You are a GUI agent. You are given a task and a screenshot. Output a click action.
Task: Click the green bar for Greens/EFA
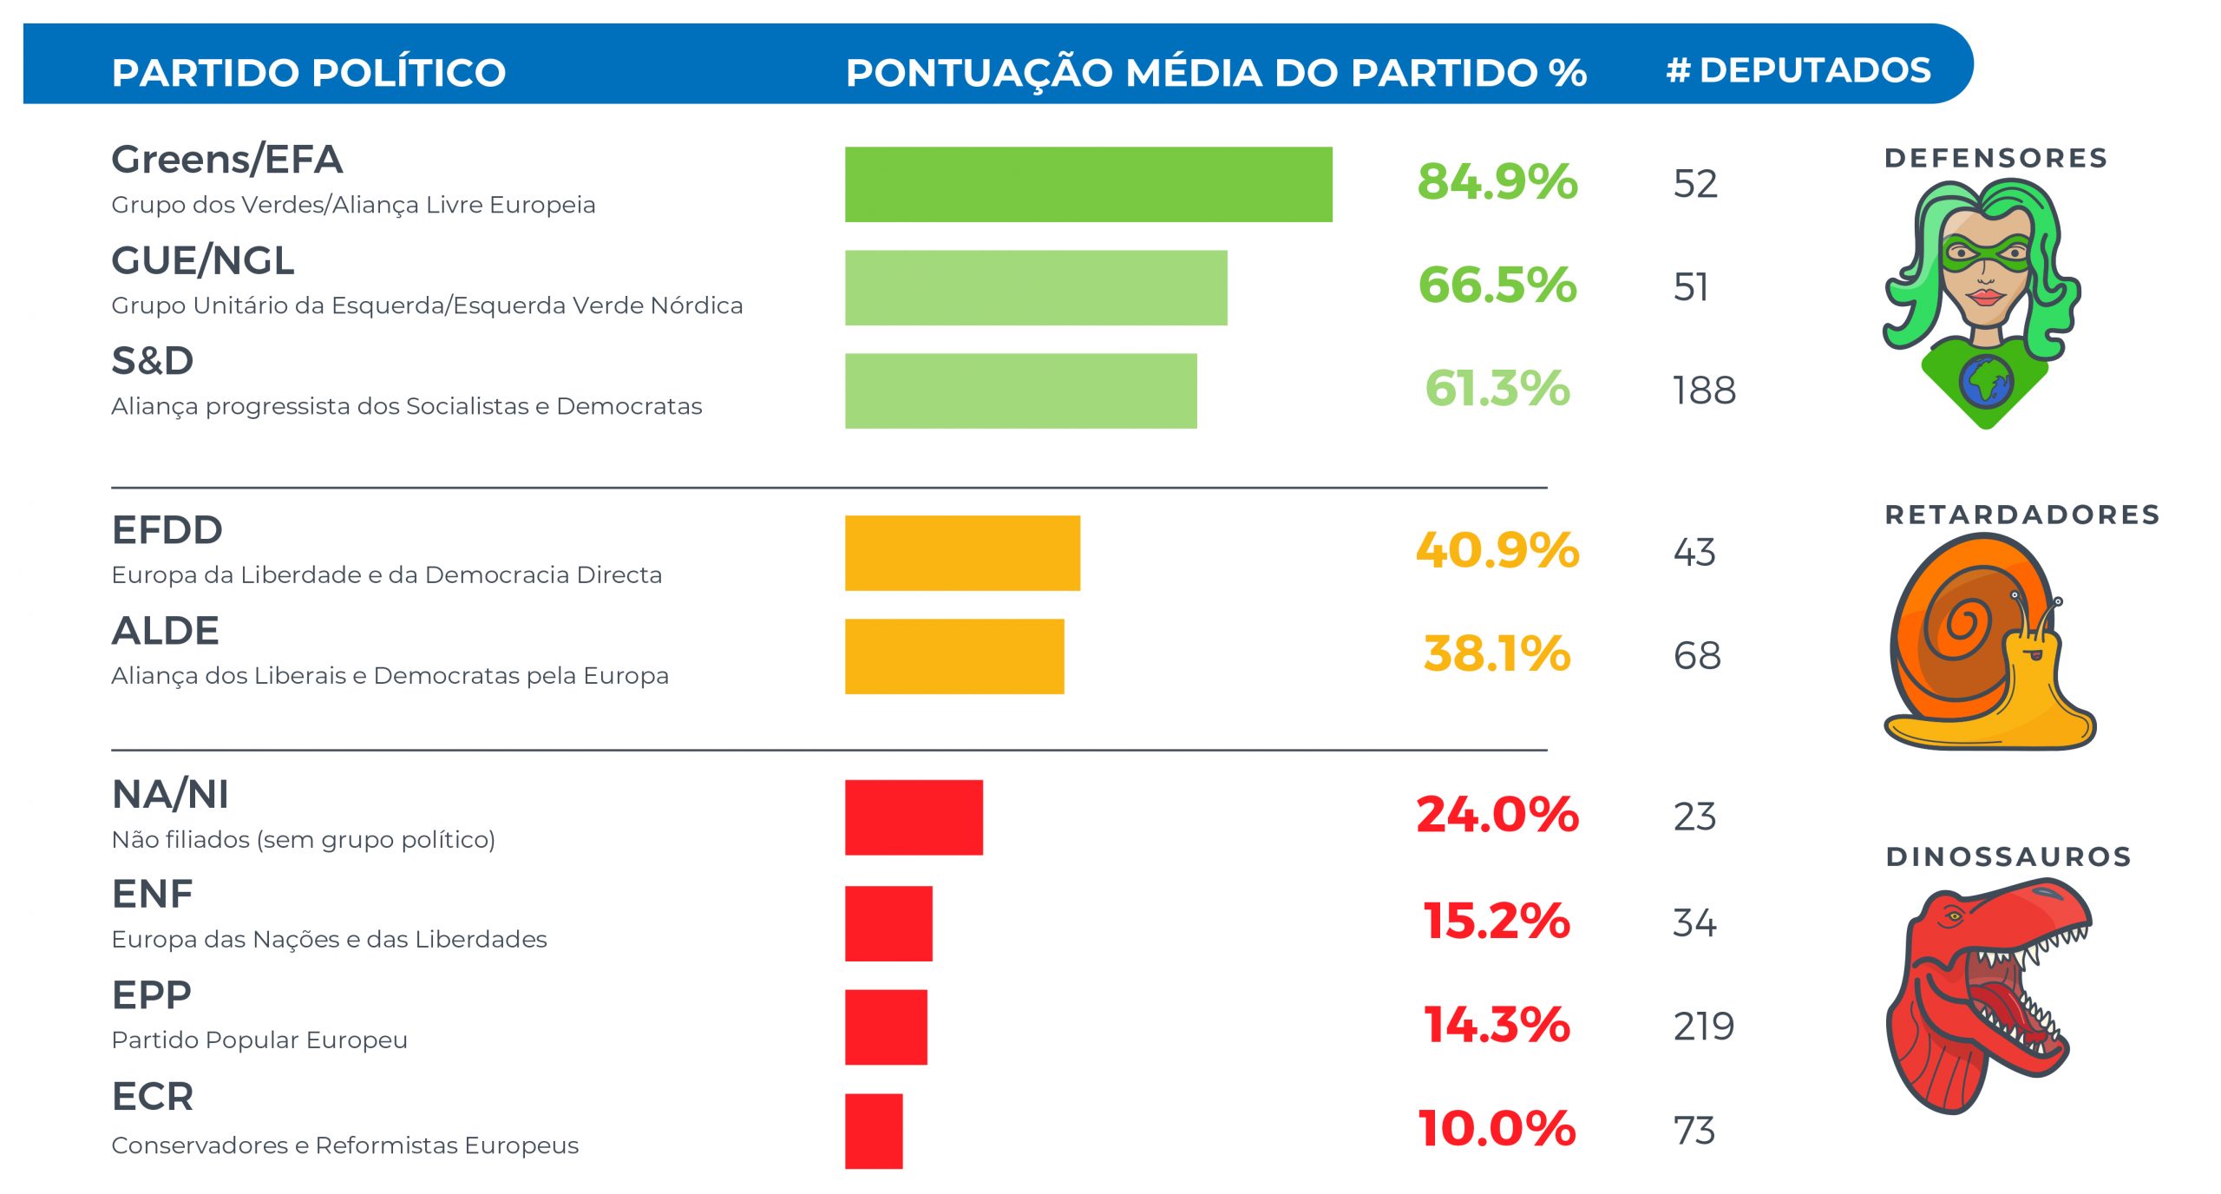click(x=1088, y=184)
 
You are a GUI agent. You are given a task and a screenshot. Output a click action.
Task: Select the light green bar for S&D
click(x=1020, y=390)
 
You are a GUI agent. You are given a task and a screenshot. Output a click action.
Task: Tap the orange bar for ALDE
click(x=954, y=656)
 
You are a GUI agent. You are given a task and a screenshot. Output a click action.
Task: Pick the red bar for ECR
click(x=874, y=1131)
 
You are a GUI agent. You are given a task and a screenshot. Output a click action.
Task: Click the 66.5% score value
click(x=1497, y=285)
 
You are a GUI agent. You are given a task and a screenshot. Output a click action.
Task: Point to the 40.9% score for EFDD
click(x=1497, y=551)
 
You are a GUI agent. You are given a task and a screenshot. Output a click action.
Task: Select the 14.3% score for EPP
click(x=1497, y=1025)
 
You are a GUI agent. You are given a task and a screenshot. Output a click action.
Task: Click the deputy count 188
click(x=1704, y=390)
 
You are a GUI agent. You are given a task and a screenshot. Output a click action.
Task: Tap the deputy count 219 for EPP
click(x=1704, y=1027)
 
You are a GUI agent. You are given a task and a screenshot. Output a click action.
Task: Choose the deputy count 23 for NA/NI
click(x=1694, y=817)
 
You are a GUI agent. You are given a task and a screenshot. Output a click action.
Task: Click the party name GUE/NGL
click(x=203, y=260)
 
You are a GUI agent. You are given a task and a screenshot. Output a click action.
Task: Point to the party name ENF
click(x=153, y=894)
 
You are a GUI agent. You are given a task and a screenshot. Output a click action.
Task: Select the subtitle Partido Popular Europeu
click(x=259, y=1040)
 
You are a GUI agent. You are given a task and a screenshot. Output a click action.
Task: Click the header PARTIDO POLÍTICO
click(x=309, y=72)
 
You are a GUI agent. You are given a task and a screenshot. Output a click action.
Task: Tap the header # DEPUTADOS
click(x=1798, y=70)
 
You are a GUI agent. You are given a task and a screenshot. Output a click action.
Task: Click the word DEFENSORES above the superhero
click(x=1995, y=158)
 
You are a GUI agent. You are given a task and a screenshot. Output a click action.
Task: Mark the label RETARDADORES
click(x=2022, y=515)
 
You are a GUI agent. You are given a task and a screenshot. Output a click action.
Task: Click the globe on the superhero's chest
click(x=1985, y=380)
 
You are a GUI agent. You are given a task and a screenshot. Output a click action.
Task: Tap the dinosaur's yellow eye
click(x=1953, y=916)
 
